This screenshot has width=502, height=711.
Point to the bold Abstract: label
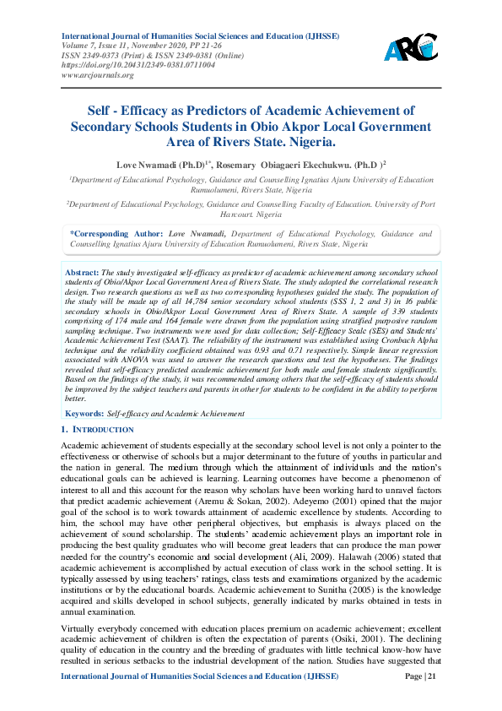tap(82, 273)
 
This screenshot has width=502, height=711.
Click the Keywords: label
tap(83, 414)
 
